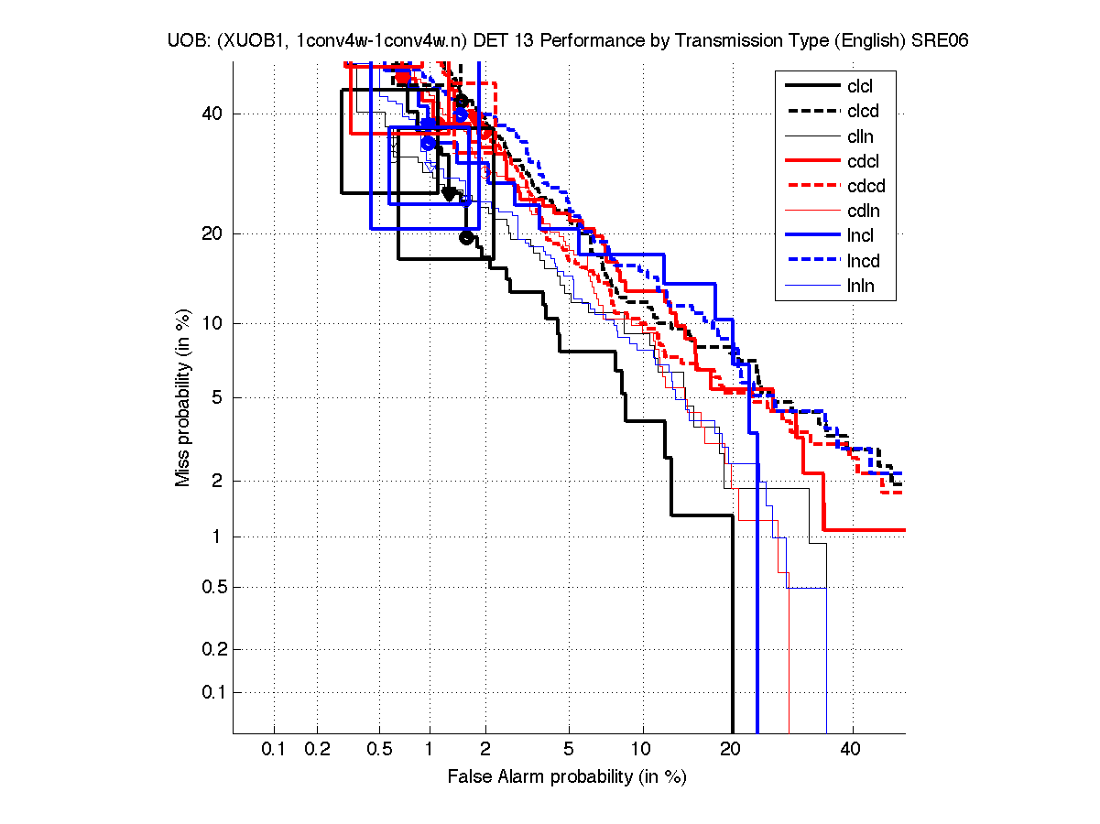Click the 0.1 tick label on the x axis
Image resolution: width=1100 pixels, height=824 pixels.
tap(274, 750)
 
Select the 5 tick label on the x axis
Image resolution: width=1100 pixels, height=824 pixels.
tap(569, 750)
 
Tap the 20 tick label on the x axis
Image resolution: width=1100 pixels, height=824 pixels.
tap(730, 750)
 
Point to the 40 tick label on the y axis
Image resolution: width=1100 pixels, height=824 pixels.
tap(212, 114)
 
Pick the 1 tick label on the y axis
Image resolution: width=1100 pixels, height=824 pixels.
tap(216, 537)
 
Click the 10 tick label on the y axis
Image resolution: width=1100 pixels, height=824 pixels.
tap(212, 323)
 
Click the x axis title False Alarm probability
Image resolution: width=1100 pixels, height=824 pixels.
tap(566, 777)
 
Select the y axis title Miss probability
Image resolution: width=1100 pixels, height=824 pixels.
tap(184, 398)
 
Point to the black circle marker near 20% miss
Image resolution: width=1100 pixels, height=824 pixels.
tap(466, 238)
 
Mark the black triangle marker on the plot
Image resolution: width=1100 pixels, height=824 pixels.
tap(449, 193)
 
